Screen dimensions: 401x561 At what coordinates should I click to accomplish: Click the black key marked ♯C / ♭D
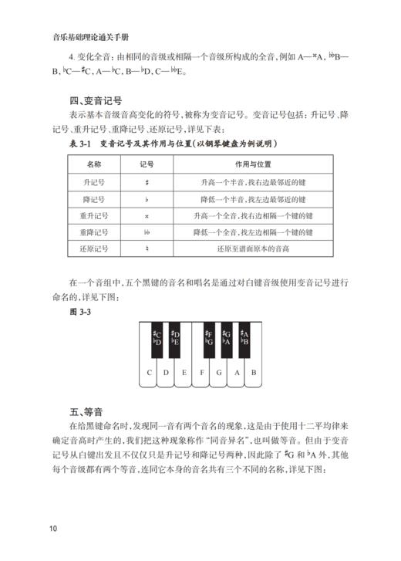157,338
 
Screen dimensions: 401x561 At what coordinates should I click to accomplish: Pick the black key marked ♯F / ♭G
209,338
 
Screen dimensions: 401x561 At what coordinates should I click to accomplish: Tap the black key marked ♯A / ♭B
244,338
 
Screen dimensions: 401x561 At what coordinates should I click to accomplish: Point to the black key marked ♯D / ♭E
175,338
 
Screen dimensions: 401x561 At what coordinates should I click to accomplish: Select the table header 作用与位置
248,164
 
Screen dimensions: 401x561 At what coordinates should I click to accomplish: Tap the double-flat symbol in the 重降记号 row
147,232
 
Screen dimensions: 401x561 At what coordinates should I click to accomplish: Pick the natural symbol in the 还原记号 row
147,249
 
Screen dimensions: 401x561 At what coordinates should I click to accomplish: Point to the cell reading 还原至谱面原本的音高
248,249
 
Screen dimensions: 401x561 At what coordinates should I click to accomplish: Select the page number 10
52,528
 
